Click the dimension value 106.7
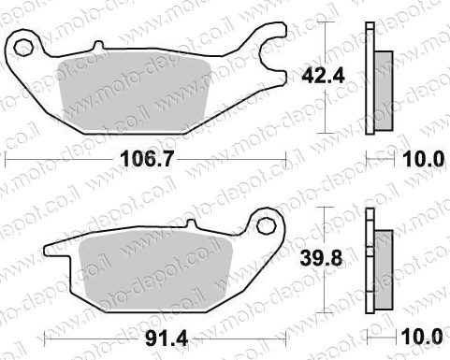coord(146,159)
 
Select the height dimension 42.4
coord(323,76)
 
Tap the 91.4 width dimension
coord(167,338)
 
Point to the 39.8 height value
coord(321,259)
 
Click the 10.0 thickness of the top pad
coord(423,159)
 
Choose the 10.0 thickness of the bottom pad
coord(422,338)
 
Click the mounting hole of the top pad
coord(22,48)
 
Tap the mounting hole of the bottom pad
coord(268,226)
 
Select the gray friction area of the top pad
coord(133,92)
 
